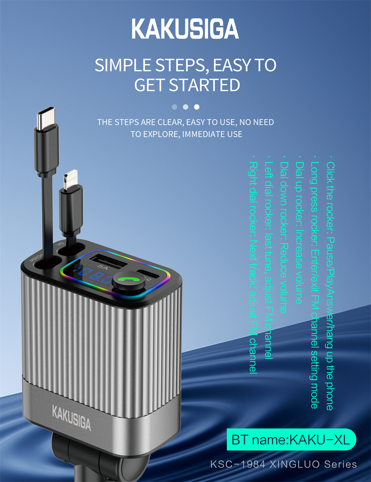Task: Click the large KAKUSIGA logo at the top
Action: (185, 29)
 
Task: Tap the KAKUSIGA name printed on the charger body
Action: (71, 418)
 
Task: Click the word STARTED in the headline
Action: (205, 85)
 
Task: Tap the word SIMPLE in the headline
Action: (123, 65)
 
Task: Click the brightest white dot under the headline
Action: (196, 107)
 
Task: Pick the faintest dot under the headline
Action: (174, 107)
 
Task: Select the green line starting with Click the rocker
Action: (330, 283)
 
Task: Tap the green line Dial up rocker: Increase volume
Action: (299, 230)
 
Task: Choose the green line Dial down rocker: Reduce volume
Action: (284, 234)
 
